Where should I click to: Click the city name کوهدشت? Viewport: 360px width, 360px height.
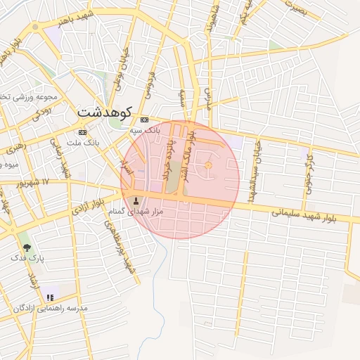click(x=106, y=111)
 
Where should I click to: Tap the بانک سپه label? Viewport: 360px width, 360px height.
click(x=146, y=130)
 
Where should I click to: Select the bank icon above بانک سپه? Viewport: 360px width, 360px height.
click(x=145, y=120)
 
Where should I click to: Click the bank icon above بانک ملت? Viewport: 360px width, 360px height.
click(x=83, y=132)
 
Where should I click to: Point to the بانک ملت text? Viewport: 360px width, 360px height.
click(x=83, y=143)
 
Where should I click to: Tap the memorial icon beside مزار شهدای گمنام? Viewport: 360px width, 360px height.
click(x=136, y=202)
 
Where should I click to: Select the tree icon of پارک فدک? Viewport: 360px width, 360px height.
click(x=27, y=247)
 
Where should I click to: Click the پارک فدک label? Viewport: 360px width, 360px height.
click(x=27, y=258)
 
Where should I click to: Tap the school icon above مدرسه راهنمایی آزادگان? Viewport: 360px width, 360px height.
click(x=49, y=297)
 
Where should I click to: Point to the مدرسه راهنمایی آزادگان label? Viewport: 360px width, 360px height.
click(x=50, y=309)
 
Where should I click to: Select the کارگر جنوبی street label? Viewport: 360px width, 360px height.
click(x=308, y=169)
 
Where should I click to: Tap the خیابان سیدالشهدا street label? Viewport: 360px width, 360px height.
click(x=257, y=167)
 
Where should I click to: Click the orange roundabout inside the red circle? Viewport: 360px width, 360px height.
click(x=208, y=165)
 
